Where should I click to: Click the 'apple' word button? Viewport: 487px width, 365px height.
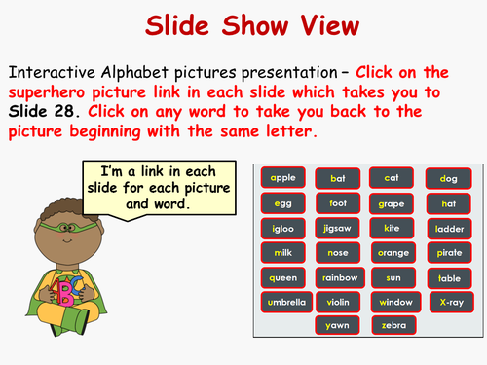point(283,178)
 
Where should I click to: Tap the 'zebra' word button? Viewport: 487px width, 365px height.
point(393,325)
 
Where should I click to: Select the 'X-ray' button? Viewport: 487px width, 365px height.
point(450,302)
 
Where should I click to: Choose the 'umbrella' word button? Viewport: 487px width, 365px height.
point(283,302)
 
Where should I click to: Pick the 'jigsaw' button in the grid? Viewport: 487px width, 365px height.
point(338,228)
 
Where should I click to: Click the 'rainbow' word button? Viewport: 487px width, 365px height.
point(338,277)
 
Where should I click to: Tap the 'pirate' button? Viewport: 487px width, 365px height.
point(450,252)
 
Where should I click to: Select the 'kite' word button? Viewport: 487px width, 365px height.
point(393,228)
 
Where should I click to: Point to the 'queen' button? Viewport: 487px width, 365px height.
point(283,277)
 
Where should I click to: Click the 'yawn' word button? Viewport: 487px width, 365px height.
point(338,325)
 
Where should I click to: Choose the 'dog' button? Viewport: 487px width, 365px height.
point(450,178)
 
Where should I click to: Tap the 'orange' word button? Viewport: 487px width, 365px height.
point(393,252)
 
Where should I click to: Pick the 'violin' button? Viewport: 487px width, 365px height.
point(338,302)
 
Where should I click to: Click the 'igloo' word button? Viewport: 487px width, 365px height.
point(283,228)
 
